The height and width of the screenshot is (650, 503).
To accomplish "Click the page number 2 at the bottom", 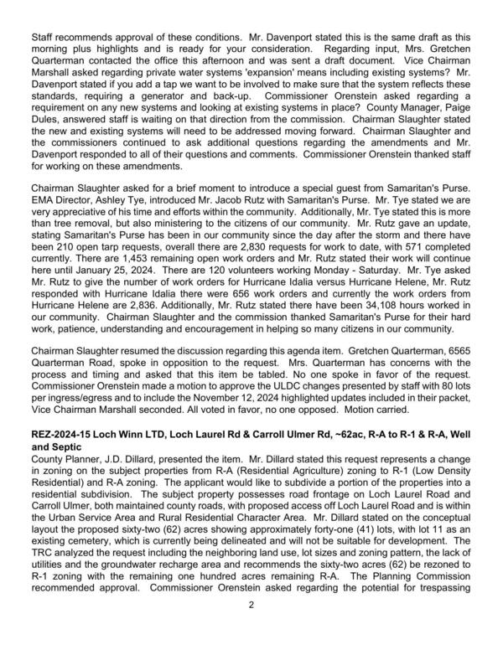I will pos(251,627).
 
